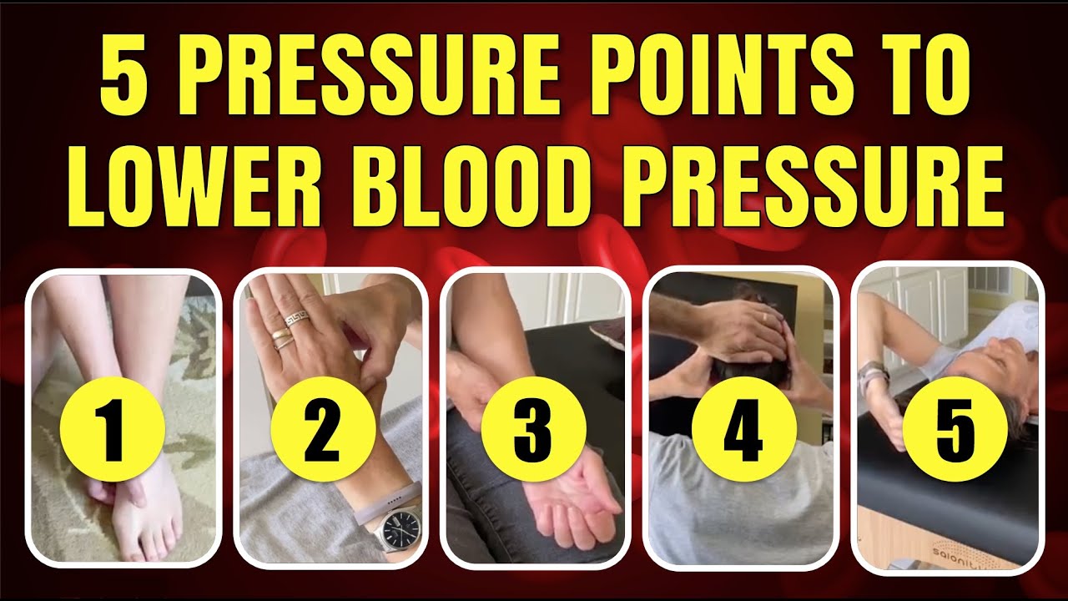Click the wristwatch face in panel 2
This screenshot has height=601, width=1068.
pos(401,531)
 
